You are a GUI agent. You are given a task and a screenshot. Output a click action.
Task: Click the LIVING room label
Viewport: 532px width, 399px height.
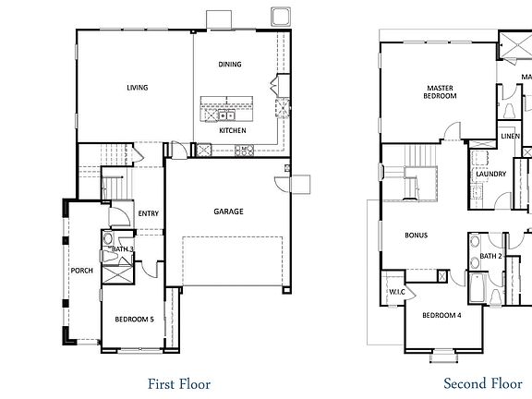[x=137, y=89]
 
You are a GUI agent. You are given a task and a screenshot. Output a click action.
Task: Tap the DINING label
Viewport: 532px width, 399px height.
[x=230, y=65]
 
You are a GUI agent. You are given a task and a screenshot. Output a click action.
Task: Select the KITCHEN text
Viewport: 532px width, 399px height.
[x=232, y=130]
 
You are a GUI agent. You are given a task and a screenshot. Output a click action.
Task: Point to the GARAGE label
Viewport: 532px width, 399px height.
[x=229, y=212]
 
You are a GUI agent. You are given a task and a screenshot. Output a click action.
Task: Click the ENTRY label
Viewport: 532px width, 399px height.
[x=148, y=214]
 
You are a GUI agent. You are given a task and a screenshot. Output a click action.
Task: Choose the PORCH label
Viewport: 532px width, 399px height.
[x=80, y=271]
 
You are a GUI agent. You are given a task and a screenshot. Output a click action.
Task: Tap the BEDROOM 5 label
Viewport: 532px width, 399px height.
[x=133, y=320]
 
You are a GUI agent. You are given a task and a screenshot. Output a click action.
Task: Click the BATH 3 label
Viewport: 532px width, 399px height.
[x=123, y=249]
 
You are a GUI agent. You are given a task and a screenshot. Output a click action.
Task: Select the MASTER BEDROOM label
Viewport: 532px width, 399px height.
[x=440, y=91]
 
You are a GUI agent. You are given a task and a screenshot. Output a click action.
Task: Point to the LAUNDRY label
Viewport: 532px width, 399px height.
[x=490, y=174]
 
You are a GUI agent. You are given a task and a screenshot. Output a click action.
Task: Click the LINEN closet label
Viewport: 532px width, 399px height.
[x=510, y=137]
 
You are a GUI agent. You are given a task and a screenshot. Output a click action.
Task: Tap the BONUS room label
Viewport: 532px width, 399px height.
[x=416, y=236]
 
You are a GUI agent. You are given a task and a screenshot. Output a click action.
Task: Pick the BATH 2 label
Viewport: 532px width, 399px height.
[x=490, y=256]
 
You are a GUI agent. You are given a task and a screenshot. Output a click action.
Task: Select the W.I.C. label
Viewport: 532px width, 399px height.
[x=397, y=293]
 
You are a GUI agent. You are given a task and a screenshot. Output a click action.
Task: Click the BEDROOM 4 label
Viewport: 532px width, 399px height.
[x=441, y=316]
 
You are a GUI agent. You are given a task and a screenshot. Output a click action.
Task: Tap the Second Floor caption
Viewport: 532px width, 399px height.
[x=482, y=383]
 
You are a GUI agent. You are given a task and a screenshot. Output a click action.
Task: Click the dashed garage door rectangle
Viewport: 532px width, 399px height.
[x=233, y=260]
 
